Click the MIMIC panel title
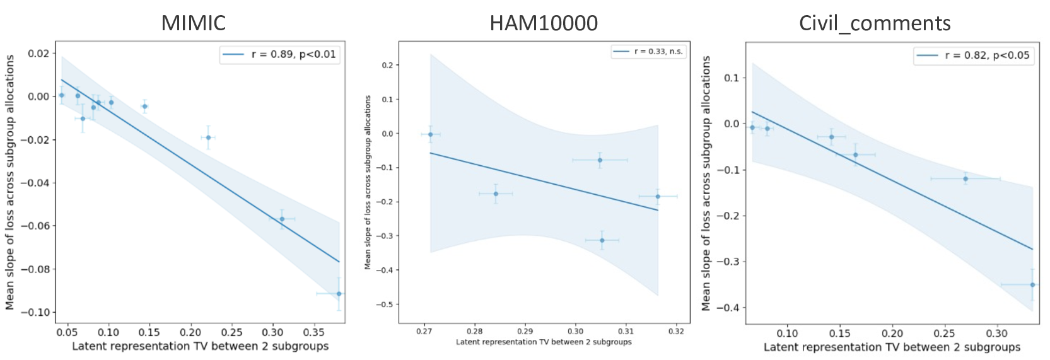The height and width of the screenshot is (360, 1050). [x=193, y=23]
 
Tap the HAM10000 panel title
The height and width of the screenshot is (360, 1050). [x=543, y=23]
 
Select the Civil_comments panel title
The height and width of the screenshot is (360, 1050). [x=874, y=23]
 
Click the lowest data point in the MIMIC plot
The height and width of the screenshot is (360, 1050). [x=339, y=294]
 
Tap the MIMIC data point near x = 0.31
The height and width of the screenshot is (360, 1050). [x=282, y=219]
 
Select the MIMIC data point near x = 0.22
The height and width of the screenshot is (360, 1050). [x=208, y=137]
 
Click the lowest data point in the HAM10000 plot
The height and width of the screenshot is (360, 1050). [x=602, y=240]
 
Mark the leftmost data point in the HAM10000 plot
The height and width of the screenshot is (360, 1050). [x=431, y=134]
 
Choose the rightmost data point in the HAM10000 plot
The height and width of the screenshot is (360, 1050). [x=658, y=196]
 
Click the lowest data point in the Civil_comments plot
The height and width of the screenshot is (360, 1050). [x=1032, y=284]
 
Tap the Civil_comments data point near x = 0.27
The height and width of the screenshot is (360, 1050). [x=965, y=178]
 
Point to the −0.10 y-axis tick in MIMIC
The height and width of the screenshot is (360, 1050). [x=37, y=312]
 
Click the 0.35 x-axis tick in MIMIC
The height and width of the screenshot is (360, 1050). [x=313, y=332]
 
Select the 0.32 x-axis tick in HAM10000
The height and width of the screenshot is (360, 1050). [x=676, y=331]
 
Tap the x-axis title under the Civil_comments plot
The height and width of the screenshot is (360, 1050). [x=892, y=347]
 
